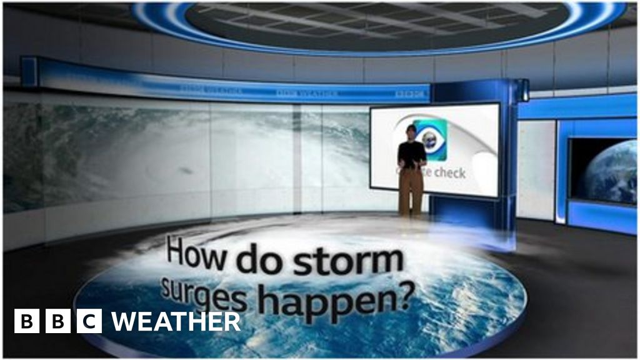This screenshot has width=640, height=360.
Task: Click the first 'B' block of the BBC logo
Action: click(27, 321)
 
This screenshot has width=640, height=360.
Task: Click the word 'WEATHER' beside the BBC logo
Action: click(176, 322)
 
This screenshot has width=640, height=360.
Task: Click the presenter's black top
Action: click(411, 154)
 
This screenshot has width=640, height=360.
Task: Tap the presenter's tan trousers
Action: click(411, 191)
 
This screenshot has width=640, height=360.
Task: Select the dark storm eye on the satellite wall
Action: click(186, 171)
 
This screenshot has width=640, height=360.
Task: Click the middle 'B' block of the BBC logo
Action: click(58, 321)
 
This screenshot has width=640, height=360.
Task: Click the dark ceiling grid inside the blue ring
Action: click(375, 25)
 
